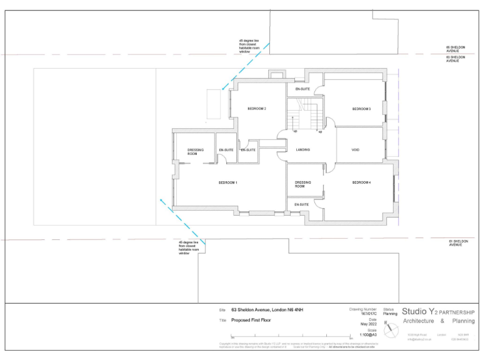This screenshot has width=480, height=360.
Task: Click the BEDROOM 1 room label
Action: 227,182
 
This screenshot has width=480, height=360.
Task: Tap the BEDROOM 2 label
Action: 257,109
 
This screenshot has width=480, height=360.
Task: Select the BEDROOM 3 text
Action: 361,109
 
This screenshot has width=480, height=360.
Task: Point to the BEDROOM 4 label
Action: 361,182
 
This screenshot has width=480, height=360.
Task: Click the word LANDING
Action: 302,150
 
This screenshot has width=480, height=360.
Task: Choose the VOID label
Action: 356,150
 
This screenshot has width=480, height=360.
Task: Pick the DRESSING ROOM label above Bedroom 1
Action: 196,151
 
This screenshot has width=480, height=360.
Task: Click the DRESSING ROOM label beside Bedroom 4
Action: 303,184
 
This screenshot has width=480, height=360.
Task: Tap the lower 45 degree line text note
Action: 188,247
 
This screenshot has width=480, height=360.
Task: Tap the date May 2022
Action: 368,324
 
